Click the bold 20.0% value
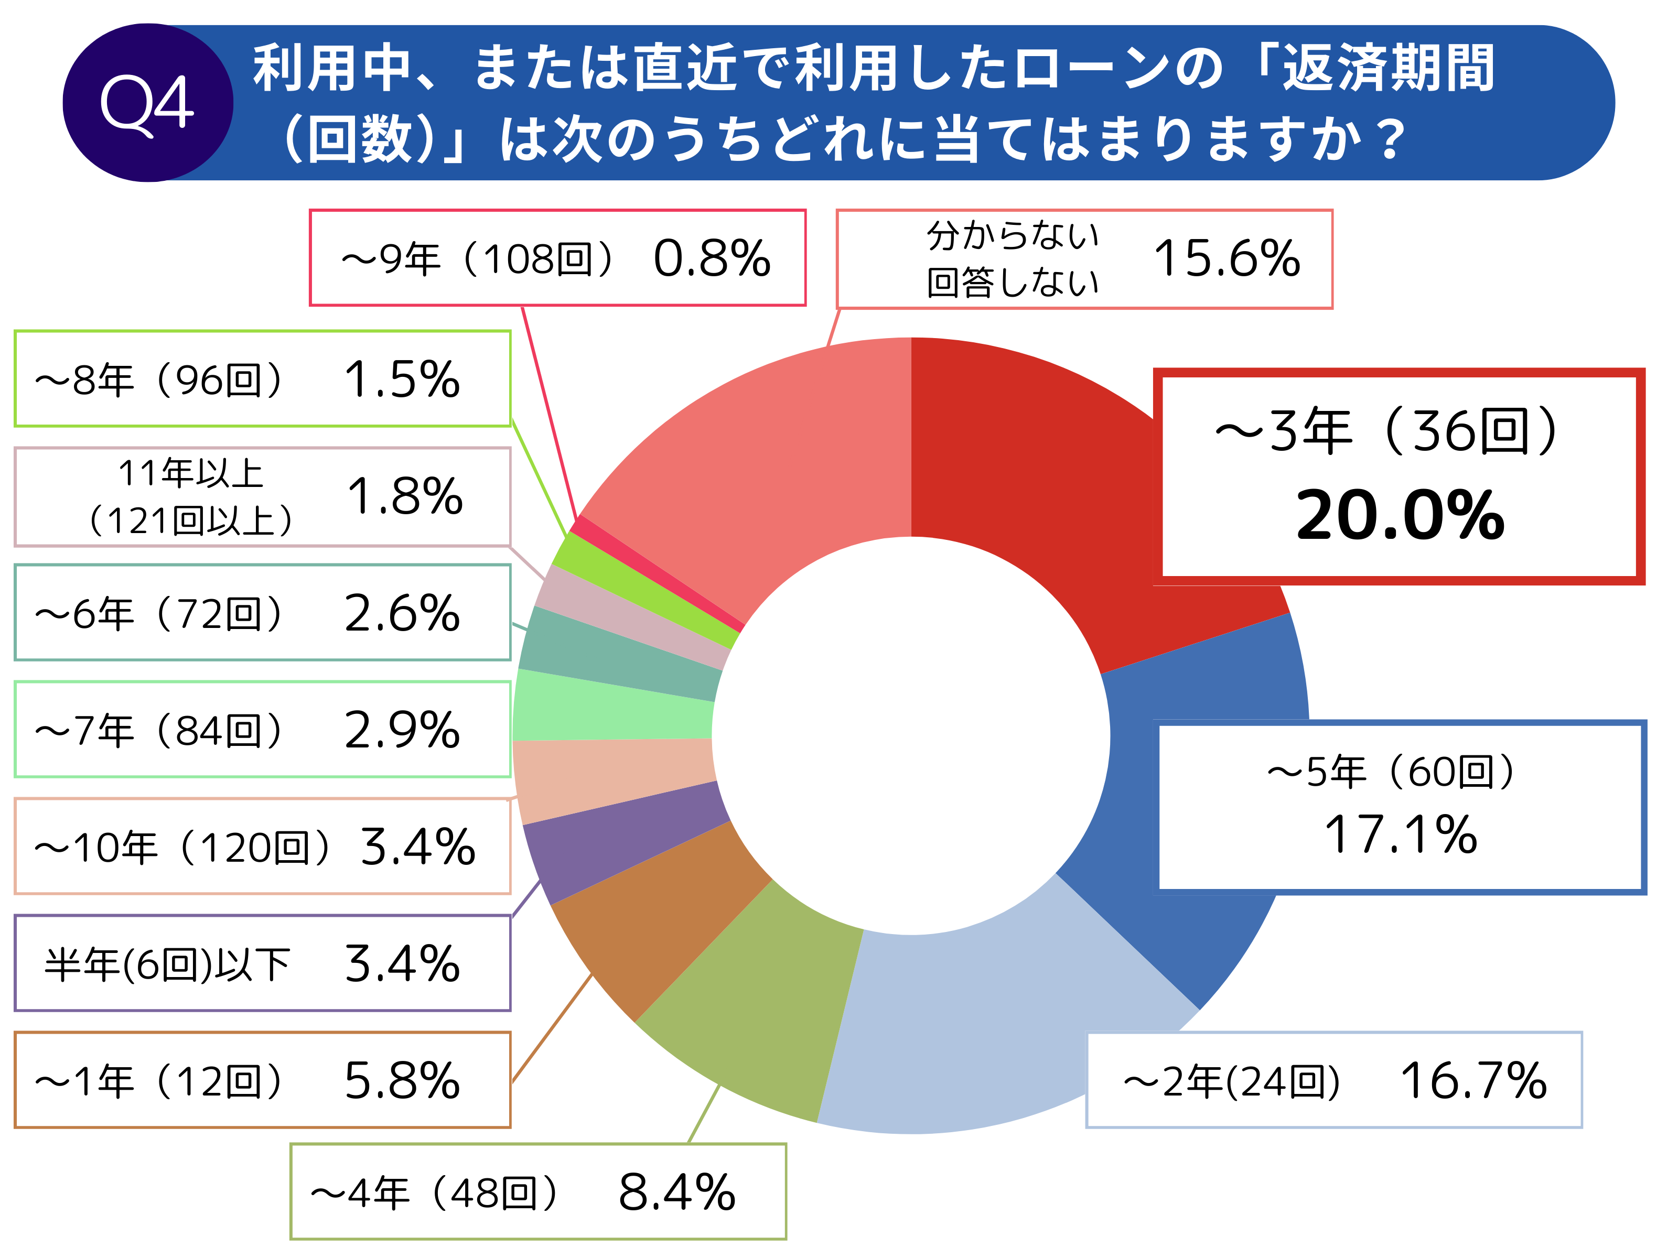[x=1400, y=516]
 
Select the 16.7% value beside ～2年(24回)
[x=1472, y=1080]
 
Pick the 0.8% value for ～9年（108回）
[x=712, y=258]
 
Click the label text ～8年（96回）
[x=159, y=379]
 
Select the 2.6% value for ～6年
[x=402, y=613]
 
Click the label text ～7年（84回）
[x=159, y=730]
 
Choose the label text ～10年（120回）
[x=182, y=847]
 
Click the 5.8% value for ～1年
[x=402, y=1080]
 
